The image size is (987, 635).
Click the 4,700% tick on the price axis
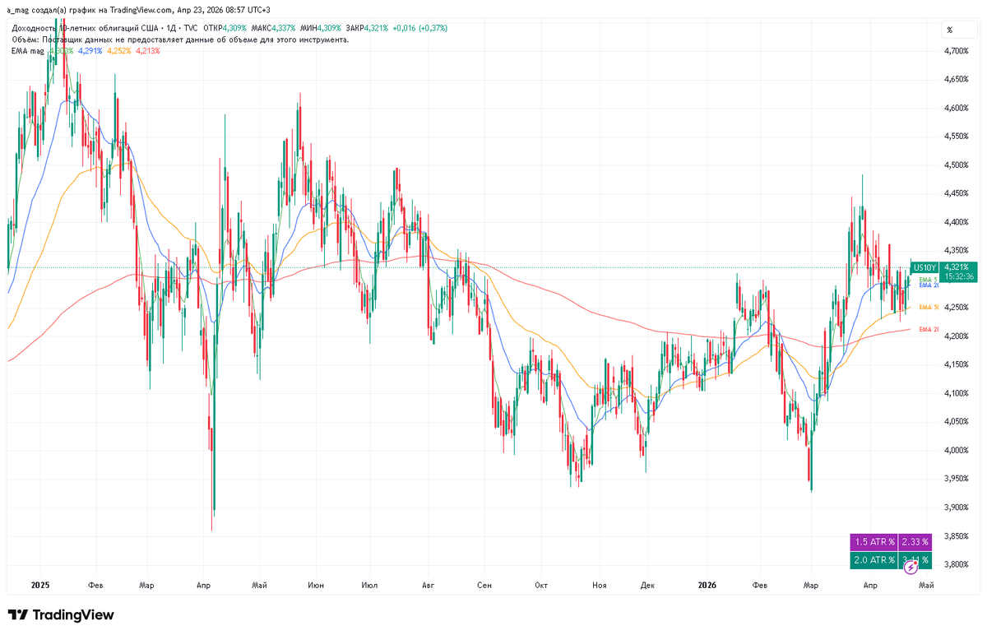coord(957,51)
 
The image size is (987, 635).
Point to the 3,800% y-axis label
coord(957,564)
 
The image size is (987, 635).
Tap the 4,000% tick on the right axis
coord(957,450)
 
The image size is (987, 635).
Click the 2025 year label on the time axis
coord(40,585)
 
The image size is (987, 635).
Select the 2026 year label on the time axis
coord(707,585)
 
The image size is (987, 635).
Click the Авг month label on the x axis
coord(427,585)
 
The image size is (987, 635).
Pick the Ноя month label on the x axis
coord(599,585)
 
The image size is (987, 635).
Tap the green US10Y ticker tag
coord(924,267)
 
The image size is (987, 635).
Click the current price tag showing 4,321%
coord(959,267)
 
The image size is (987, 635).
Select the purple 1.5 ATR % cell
coord(873,542)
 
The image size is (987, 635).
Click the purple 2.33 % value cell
coord(915,542)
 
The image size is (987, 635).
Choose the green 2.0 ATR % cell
coord(873,560)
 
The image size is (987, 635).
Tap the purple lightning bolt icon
coord(911,568)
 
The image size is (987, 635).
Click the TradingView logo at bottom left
coord(61,615)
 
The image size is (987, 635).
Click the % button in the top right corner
coord(950,30)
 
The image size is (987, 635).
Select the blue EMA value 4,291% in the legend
coord(90,50)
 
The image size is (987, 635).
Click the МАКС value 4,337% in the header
coord(287,28)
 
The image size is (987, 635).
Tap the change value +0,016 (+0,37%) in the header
coord(420,28)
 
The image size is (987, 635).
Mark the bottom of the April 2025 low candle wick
coord(212,530)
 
